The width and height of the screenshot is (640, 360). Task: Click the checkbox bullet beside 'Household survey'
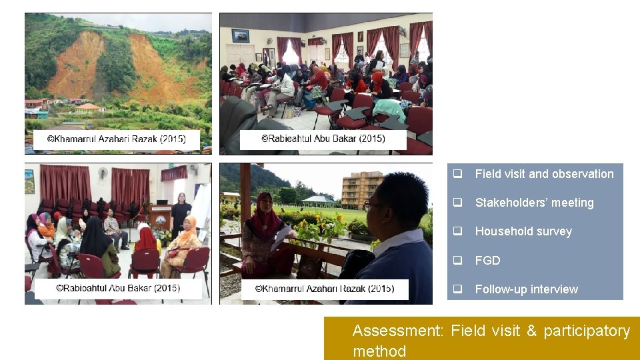point(458,231)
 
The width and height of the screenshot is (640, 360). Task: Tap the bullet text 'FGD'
point(487,261)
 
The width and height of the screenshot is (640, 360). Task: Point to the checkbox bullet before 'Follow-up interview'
point(458,289)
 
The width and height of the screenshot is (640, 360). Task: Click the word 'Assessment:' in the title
point(397,331)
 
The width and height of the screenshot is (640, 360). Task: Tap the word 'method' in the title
point(379,351)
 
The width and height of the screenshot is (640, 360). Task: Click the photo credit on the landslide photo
point(117,140)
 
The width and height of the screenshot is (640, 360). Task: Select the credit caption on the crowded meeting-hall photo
point(323,139)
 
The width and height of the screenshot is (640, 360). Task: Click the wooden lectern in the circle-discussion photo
point(159,217)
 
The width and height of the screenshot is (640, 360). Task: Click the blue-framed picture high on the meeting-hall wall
point(240,35)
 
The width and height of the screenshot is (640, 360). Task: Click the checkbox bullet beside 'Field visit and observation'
point(458,174)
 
